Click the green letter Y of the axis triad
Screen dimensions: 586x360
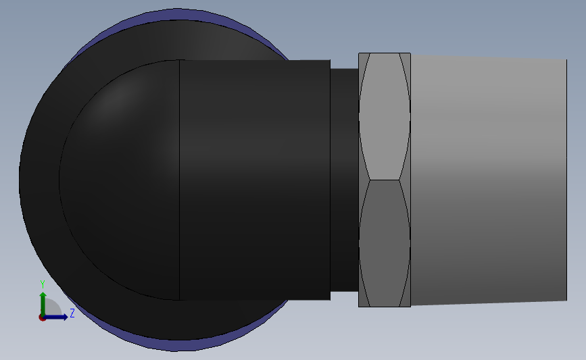point(43,284)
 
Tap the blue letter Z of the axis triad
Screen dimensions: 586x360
point(72,313)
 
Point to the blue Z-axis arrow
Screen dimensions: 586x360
point(55,317)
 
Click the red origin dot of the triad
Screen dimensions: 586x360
point(42,317)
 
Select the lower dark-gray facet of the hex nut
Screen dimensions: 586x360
point(385,243)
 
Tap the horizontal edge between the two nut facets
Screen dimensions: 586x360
point(385,180)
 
